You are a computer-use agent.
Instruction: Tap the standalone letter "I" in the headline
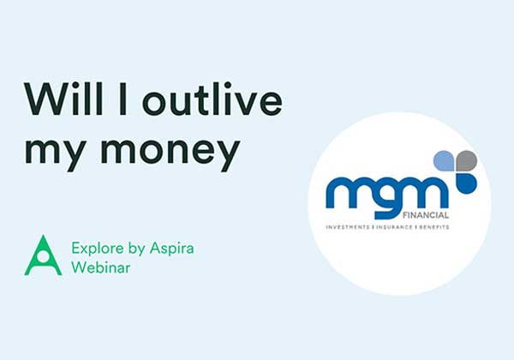click(x=123, y=99)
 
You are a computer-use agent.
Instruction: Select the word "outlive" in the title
click(x=212, y=99)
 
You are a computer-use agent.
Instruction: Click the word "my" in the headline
click(x=56, y=152)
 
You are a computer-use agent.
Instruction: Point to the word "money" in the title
click(x=170, y=152)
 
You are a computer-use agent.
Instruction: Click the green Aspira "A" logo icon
click(x=43, y=255)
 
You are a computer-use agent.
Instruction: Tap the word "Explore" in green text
click(x=98, y=249)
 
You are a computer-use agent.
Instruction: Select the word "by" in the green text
click(x=137, y=249)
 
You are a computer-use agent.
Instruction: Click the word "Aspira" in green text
click(x=172, y=249)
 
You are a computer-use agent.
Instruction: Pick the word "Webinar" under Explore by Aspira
click(x=101, y=267)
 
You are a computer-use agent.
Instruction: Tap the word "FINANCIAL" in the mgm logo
click(x=426, y=215)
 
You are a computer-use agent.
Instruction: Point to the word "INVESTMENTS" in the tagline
click(x=348, y=227)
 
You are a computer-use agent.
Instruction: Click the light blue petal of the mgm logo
click(x=444, y=161)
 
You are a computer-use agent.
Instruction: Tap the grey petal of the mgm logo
click(x=467, y=161)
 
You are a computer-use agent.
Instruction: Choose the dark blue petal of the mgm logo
click(x=467, y=183)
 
